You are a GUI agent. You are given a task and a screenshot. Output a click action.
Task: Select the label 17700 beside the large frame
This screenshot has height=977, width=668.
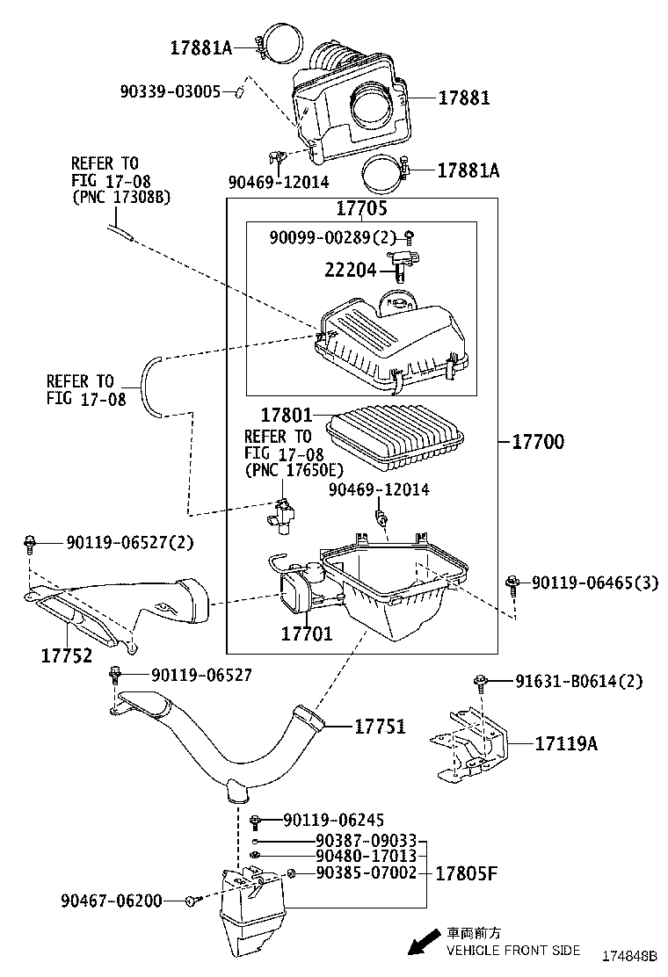click(x=538, y=441)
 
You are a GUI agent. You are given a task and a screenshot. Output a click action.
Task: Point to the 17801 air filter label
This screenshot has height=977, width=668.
click(x=287, y=414)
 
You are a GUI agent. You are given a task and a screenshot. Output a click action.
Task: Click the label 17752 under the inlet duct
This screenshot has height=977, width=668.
click(x=67, y=655)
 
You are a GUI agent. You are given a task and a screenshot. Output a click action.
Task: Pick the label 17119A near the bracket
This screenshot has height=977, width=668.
click(x=566, y=744)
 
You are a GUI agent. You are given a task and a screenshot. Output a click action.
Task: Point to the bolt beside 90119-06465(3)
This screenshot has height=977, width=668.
click(x=512, y=583)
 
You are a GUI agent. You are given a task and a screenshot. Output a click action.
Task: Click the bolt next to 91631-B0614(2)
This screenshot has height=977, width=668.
click(x=482, y=681)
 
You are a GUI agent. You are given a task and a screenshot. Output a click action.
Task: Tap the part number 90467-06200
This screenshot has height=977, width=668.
click(x=112, y=901)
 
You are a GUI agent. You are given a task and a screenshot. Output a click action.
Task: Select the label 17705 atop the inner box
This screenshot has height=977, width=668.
click(x=361, y=208)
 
